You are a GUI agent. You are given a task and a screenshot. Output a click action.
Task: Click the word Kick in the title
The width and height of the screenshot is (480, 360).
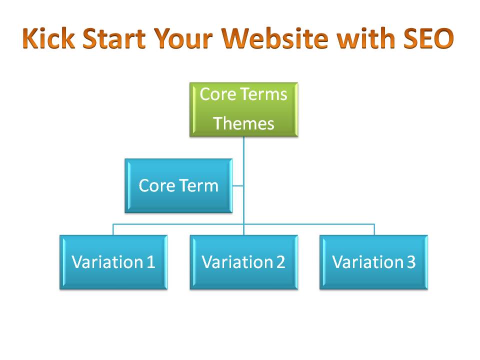(49, 38)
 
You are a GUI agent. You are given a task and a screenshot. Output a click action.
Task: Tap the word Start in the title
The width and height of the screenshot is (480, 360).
(114, 38)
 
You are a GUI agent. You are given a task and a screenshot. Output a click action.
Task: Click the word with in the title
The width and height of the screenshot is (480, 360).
(365, 38)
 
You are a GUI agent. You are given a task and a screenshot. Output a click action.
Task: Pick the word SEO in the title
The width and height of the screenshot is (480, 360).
(428, 38)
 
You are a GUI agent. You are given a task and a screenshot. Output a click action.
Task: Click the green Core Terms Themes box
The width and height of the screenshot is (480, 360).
(243, 109)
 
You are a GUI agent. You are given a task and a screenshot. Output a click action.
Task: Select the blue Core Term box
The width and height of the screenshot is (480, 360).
(178, 185)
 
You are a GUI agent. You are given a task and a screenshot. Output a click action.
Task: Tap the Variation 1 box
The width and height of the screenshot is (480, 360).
(113, 262)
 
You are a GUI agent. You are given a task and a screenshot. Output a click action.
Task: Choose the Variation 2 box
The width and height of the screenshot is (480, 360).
(243, 262)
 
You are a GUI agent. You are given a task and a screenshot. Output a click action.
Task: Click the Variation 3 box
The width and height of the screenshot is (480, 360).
(373, 262)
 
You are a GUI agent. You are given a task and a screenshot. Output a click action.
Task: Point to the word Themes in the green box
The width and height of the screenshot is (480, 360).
(243, 123)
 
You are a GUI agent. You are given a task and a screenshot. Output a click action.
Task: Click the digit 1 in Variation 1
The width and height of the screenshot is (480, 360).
(150, 262)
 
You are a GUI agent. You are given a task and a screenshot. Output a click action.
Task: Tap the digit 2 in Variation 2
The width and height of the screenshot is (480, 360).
(280, 262)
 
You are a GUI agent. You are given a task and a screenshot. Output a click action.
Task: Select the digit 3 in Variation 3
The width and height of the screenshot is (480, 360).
(411, 262)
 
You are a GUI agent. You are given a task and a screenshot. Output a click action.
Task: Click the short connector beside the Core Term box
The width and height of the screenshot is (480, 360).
(238, 185)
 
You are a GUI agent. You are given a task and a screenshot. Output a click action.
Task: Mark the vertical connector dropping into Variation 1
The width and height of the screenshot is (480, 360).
(113, 229)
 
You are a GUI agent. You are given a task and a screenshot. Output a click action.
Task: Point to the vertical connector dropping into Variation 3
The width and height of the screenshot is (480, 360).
(374, 229)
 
